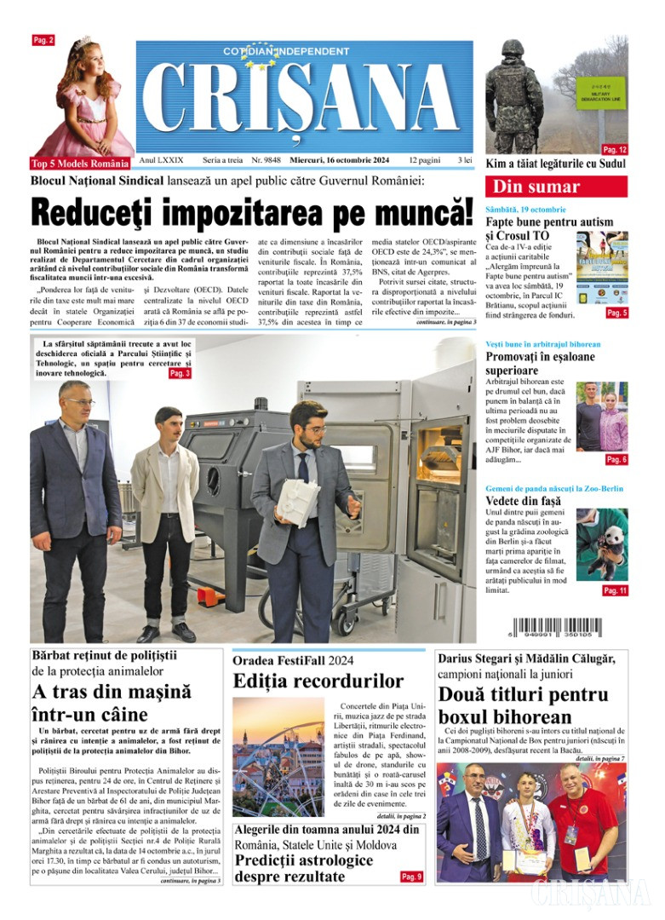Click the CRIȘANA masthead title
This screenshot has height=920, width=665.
[304, 101]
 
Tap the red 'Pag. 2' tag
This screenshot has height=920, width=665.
[43, 40]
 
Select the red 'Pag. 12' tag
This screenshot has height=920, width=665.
[615, 149]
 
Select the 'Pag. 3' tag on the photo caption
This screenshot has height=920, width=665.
[180, 373]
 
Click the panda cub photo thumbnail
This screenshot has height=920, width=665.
[602, 544]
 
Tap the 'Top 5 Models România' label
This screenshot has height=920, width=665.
[80, 163]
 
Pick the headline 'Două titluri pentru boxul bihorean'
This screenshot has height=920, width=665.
[523, 705]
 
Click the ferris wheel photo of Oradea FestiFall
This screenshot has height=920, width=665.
[278, 757]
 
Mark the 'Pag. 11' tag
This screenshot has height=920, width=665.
[615, 590]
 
